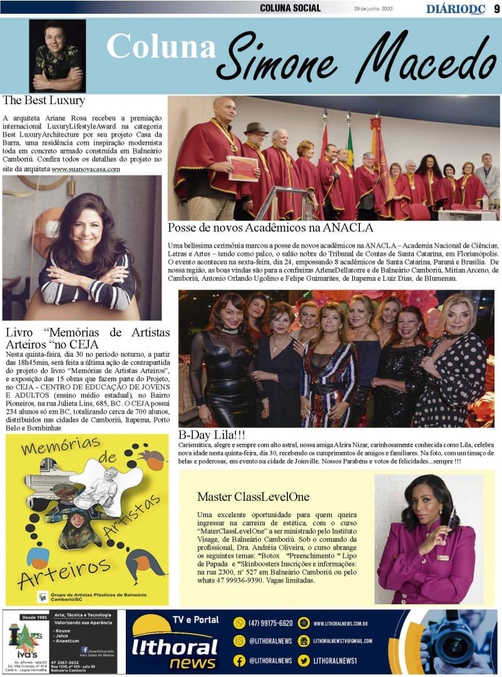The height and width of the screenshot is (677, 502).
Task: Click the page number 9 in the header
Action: (495, 8)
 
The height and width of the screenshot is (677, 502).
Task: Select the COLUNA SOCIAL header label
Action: (290, 8)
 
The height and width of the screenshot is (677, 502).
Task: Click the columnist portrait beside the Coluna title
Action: (58, 56)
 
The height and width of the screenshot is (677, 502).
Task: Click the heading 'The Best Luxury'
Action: (44, 100)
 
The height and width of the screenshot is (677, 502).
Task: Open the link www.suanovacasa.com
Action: (85, 169)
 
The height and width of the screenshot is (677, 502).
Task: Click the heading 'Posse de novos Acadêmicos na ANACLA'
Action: (270, 228)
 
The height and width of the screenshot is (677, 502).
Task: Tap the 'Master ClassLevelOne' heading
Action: (253, 496)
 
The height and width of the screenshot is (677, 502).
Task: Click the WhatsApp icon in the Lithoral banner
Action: (238, 623)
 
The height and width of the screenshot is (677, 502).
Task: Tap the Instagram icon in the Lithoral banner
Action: (238, 641)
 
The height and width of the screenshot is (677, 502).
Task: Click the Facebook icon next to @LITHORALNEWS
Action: (238, 660)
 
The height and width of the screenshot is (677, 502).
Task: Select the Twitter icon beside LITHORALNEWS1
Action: (304, 660)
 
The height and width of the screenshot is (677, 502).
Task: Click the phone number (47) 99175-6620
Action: (270, 623)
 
